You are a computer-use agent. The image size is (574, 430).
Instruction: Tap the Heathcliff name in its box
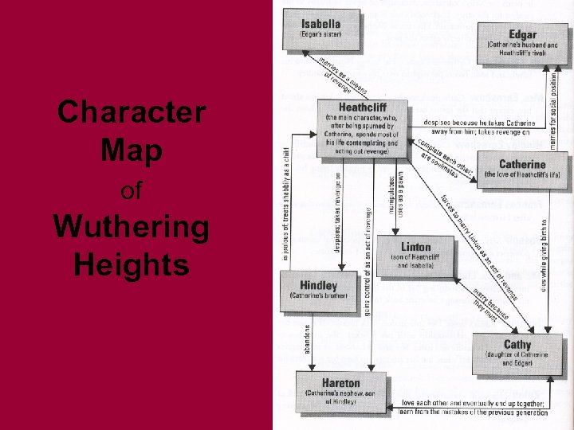[x=363, y=107]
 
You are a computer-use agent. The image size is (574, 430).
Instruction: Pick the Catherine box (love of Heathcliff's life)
[x=522, y=169]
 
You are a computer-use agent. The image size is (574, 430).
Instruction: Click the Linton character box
[x=415, y=255]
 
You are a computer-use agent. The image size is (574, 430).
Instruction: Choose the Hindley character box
[x=318, y=291]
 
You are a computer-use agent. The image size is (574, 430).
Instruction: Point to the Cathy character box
[x=517, y=351]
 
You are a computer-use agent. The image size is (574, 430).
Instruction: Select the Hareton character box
[x=340, y=389]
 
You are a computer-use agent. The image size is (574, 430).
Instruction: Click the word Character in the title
[x=132, y=111]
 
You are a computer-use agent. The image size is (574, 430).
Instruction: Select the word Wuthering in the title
[x=132, y=228]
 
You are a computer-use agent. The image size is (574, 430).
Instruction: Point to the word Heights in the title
[x=132, y=264]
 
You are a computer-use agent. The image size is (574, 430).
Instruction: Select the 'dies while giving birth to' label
[x=545, y=256]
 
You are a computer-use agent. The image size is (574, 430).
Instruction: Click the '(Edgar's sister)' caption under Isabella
[x=320, y=35]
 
